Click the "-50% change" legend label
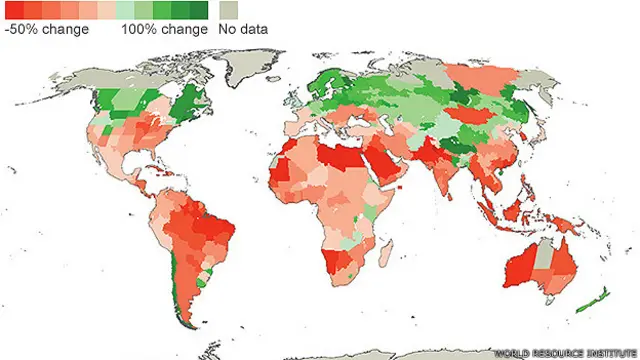click(47, 29)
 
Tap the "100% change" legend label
click(164, 29)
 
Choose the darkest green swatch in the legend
click(199, 11)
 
